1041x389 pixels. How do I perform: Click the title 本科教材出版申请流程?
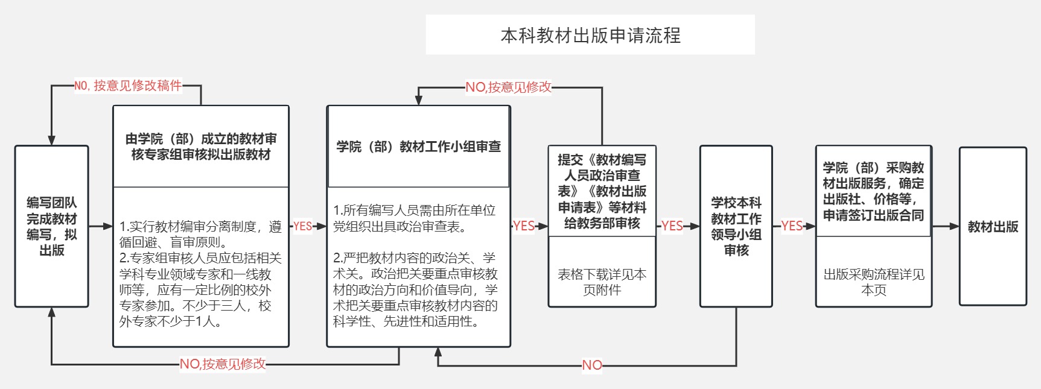coord(590,35)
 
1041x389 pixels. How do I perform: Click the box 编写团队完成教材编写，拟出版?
coord(51,226)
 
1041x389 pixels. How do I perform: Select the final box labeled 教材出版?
coord(993,227)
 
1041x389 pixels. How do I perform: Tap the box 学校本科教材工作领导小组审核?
coord(736,226)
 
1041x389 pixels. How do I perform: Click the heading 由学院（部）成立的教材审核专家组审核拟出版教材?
coord(201,147)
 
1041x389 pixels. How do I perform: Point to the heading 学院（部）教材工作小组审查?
coord(418,147)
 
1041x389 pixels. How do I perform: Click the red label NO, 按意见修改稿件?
coord(128,86)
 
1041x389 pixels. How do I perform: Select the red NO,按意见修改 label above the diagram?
coord(508,87)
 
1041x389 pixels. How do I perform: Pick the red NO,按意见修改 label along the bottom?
coord(223,364)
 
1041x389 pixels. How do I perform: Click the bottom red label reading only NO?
coord(591,365)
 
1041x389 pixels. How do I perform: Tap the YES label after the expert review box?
coord(302,226)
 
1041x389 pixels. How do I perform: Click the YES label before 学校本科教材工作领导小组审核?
coord(672,226)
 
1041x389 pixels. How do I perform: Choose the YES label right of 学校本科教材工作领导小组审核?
coord(791,226)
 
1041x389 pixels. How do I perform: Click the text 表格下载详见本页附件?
coord(602,282)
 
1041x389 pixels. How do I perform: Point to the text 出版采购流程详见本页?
coord(873,282)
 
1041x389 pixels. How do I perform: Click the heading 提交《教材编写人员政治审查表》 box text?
coord(602,191)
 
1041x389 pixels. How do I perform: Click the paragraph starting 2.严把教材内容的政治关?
coord(415,289)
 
